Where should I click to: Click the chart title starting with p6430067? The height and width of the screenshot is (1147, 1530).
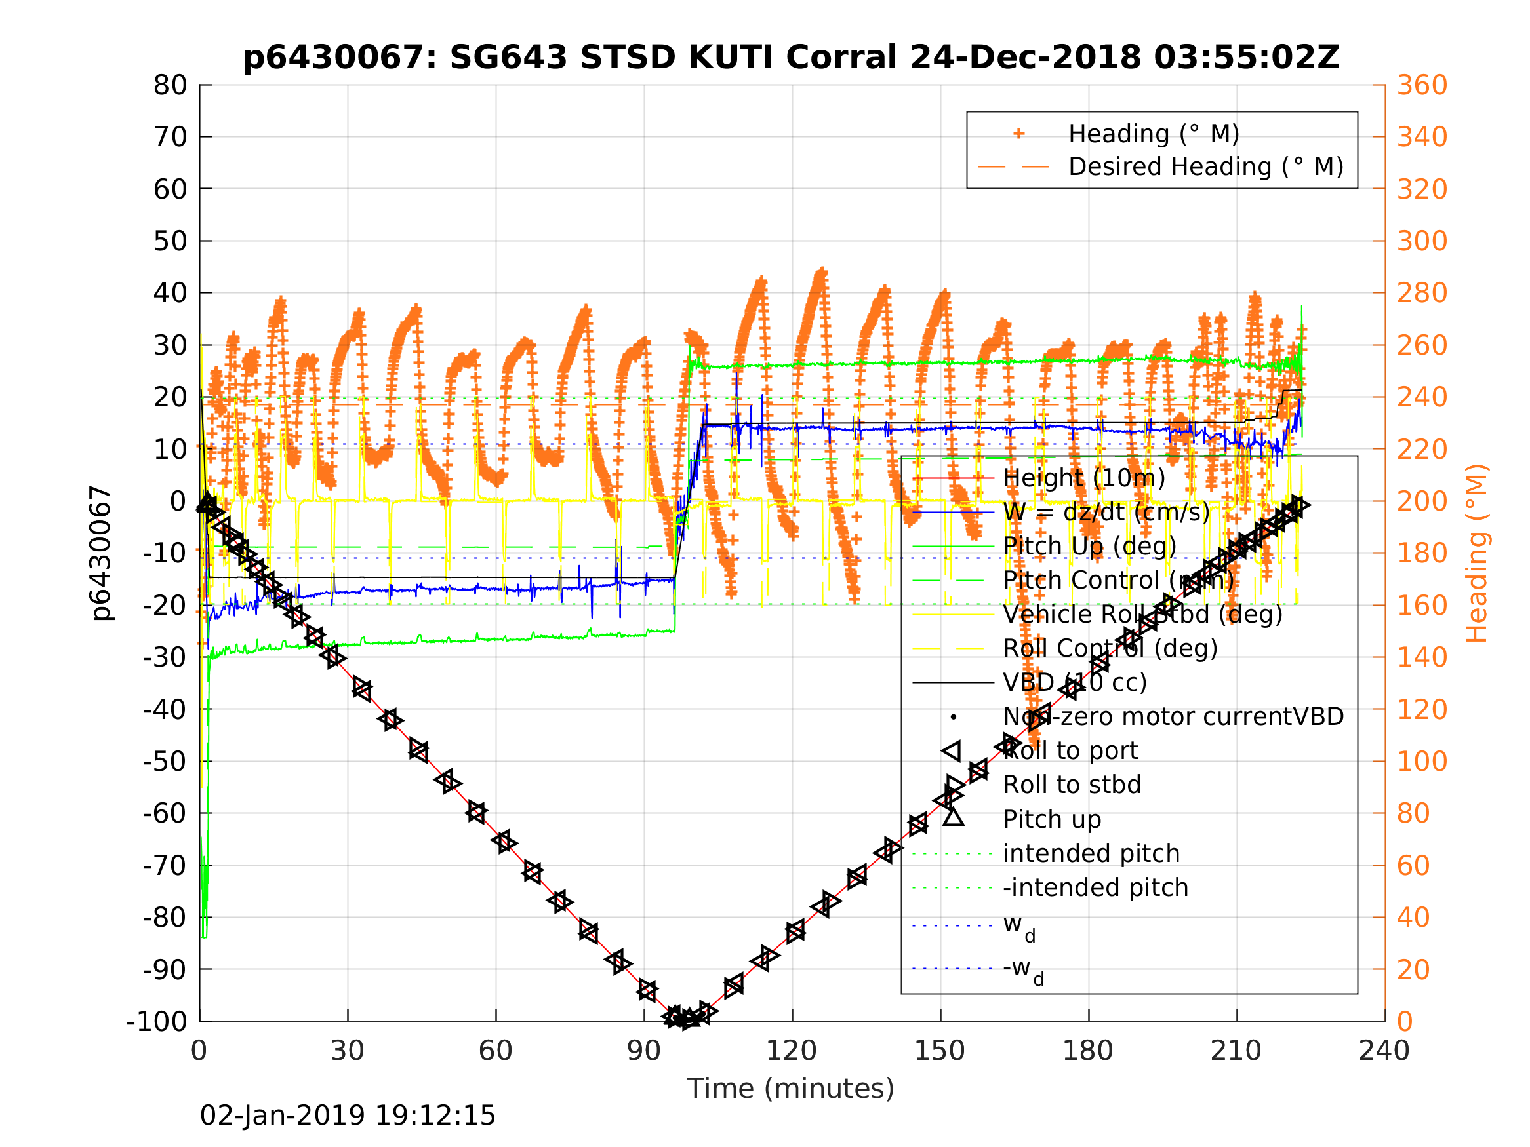pyautogui.click(x=791, y=58)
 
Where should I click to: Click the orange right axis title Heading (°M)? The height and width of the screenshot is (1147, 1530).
pyautogui.click(x=1476, y=553)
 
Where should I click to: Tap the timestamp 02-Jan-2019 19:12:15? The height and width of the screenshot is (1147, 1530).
pyautogui.click(x=347, y=1116)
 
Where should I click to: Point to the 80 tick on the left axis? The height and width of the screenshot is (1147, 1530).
pyautogui.click(x=170, y=86)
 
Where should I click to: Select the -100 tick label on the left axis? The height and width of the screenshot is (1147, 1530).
pyautogui.click(x=157, y=1021)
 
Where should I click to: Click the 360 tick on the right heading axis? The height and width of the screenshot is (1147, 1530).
pyautogui.click(x=1422, y=86)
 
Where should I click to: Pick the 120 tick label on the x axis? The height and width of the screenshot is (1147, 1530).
pyautogui.click(x=792, y=1051)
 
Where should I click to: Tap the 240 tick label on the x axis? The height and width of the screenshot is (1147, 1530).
pyautogui.click(x=1384, y=1051)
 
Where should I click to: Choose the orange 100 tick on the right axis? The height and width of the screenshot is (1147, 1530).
pyautogui.click(x=1422, y=761)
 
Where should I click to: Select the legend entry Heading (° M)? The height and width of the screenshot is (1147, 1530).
pyautogui.click(x=1154, y=134)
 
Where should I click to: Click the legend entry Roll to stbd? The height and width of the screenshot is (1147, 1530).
pyautogui.click(x=1072, y=785)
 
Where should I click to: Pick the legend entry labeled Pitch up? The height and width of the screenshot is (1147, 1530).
pyautogui.click(x=1051, y=819)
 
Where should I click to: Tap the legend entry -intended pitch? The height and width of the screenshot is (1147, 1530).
pyautogui.click(x=1095, y=887)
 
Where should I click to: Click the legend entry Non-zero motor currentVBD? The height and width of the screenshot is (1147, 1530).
pyautogui.click(x=1173, y=717)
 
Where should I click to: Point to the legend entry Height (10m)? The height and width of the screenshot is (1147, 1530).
pyautogui.click(x=1083, y=478)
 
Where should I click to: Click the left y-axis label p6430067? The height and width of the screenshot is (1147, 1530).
pyautogui.click(x=102, y=553)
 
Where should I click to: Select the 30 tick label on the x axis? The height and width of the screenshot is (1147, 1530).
pyautogui.click(x=347, y=1051)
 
